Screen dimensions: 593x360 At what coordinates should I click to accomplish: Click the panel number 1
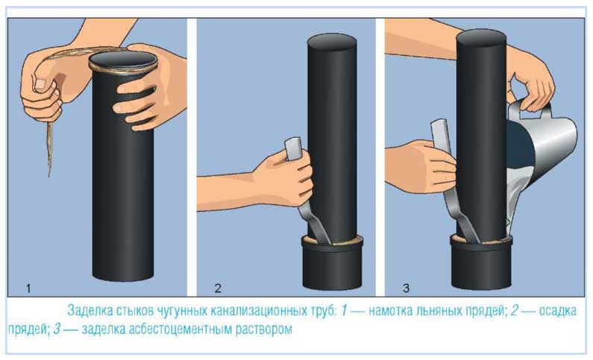(x=28, y=288)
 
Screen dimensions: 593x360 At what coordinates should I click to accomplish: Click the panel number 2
(x=218, y=288)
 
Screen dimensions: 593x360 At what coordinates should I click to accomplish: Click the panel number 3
(x=407, y=288)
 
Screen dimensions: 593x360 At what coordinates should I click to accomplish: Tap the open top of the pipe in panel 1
(x=123, y=60)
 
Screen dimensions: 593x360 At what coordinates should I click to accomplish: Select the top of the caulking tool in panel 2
(x=293, y=148)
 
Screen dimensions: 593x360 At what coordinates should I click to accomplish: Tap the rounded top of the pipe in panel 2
(x=332, y=42)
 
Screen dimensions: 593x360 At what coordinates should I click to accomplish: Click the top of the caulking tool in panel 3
(x=439, y=132)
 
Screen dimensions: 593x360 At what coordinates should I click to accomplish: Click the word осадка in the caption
(x=557, y=312)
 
